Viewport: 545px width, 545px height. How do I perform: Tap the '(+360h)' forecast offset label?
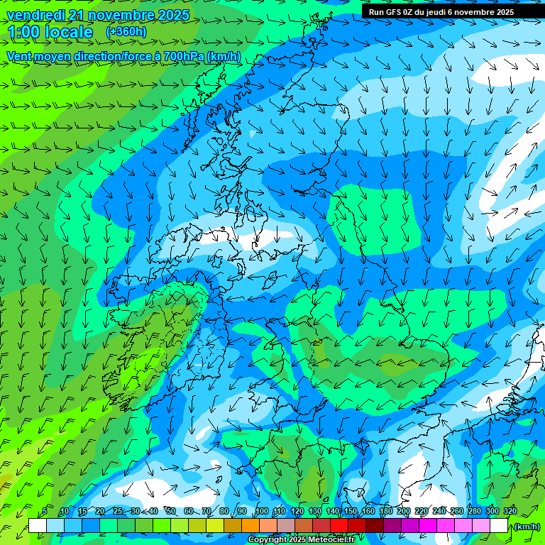(126, 32)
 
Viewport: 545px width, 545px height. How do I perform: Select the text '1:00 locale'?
(50, 32)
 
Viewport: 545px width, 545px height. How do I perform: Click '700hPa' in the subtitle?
(184, 56)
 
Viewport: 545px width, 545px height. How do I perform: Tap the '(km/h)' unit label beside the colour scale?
(527, 527)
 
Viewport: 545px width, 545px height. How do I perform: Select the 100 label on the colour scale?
(262, 511)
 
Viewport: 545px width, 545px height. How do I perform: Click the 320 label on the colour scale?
(510, 511)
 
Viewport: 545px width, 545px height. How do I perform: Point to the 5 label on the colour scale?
(45, 511)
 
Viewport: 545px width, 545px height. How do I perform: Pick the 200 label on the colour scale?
(404, 511)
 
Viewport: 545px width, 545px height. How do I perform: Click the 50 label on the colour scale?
(170, 511)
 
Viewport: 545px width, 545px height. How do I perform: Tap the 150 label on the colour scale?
(351, 511)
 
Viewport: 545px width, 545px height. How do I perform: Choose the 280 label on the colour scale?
(475, 511)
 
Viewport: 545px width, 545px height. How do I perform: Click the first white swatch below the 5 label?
(38, 526)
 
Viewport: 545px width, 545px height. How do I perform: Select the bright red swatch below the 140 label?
(339, 526)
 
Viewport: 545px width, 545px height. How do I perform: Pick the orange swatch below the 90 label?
(251, 526)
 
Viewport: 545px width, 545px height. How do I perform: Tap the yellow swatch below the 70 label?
(215, 526)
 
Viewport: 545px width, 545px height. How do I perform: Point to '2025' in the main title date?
(172, 15)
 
